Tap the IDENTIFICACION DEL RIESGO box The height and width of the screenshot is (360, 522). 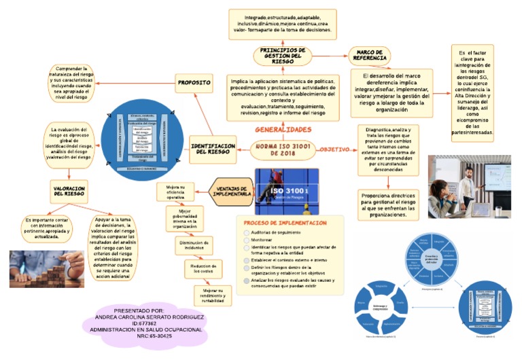213,148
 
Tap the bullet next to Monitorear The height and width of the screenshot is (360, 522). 246,240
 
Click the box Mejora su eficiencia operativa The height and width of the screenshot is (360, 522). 175,192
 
